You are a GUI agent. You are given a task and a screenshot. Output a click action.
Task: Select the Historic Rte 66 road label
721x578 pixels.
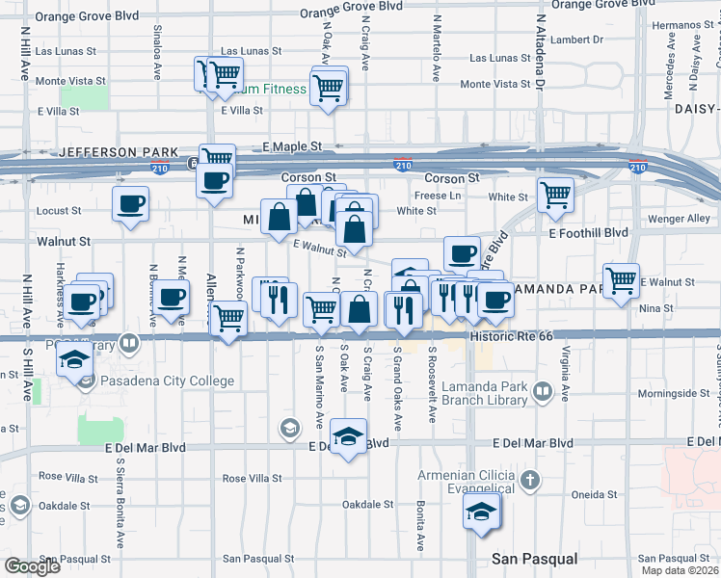511,336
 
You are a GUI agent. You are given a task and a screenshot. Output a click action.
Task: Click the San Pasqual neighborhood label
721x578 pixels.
534,559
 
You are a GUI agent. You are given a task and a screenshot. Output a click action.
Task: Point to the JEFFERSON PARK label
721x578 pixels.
119,152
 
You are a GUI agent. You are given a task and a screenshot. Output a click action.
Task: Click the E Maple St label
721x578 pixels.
292,146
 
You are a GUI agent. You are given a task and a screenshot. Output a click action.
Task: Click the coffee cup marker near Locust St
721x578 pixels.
130,203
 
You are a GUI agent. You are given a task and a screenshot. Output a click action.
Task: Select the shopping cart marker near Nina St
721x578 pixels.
622,281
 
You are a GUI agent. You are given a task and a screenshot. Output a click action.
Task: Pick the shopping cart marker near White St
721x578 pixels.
556,195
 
